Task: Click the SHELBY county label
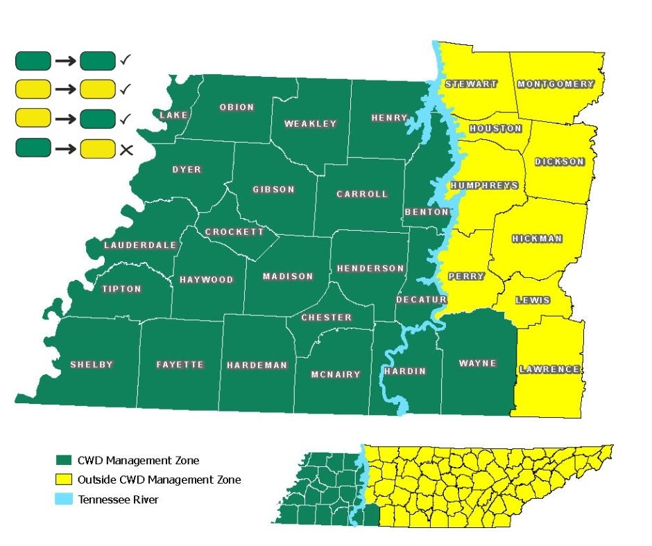coord(91,364)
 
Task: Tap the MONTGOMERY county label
coord(556,85)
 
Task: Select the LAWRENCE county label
coord(549,369)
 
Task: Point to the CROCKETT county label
coord(234,231)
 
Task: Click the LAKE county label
coord(173,115)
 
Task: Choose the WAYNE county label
coord(478,363)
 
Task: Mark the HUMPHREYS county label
coord(484,186)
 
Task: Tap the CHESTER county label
coord(327,317)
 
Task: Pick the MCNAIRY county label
coord(336,374)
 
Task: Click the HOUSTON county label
coord(495,129)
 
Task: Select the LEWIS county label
coord(533,300)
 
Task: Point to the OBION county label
coord(237,107)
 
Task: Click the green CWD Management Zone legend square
coord(64,460)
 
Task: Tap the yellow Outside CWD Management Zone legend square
coord(64,479)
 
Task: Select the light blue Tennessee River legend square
coord(64,499)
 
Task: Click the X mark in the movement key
coord(126,148)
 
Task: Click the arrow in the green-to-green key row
coord(65,61)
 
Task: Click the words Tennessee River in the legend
coord(118,499)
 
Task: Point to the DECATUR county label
coord(420,299)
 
